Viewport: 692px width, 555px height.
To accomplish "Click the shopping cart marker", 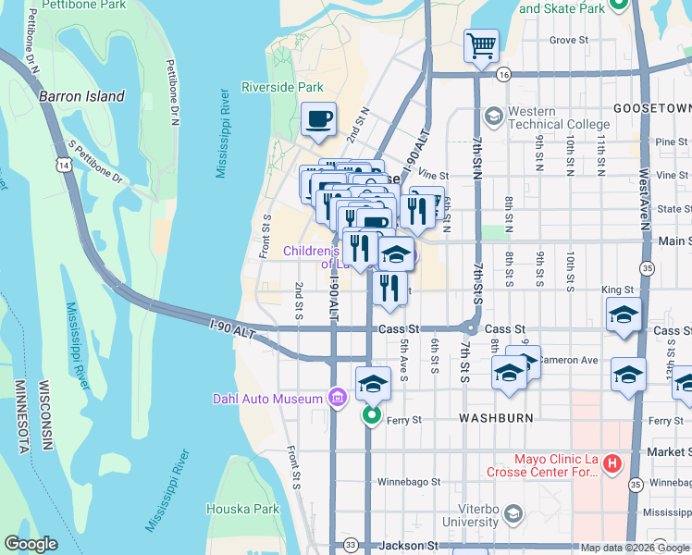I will [x=481, y=45].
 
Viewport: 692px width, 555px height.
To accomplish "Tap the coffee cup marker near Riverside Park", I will [x=318, y=120].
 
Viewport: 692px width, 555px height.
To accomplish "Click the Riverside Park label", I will [x=282, y=88].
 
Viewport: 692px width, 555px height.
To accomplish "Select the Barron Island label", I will [x=81, y=96].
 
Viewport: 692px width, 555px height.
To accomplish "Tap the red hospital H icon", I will [x=611, y=467].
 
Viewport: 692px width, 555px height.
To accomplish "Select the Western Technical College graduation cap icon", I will [x=493, y=116].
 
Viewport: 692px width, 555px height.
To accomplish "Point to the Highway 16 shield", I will [x=503, y=74].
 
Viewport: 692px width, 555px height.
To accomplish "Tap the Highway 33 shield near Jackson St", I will [x=350, y=546].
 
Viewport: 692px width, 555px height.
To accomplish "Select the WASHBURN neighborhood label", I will [x=497, y=418].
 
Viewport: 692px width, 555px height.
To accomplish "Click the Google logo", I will [x=31, y=544].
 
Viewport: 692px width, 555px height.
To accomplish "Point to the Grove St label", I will [x=569, y=41].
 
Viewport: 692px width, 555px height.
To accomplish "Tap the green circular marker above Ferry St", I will [x=371, y=414].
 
